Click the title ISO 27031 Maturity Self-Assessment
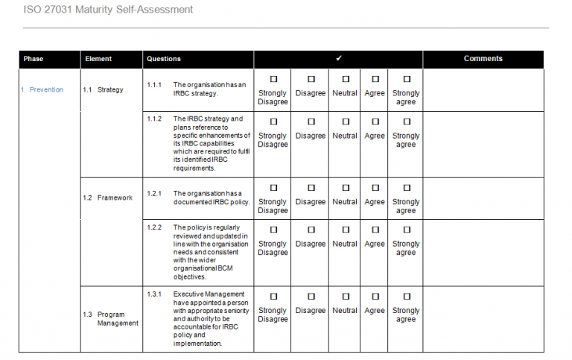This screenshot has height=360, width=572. click(x=109, y=10)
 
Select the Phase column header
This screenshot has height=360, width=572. click(x=34, y=59)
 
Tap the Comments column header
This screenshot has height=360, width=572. click(x=483, y=59)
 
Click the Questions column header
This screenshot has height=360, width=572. click(x=164, y=59)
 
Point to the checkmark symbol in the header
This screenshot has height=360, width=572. click(x=339, y=58)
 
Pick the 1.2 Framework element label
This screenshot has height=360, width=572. click(x=107, y=198)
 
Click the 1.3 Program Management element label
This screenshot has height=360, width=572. click(x=112, y=319)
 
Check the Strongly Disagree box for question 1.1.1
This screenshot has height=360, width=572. click(x=273, y=79)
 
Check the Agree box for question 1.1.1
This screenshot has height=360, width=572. click(x=375, y=79)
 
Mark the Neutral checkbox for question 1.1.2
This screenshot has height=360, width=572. click(x=346, y=121)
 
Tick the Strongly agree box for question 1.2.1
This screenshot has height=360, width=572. click(x=406, y=188)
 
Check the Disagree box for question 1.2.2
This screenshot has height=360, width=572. click(x=311, y=230)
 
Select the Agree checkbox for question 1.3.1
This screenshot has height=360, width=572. click(x=375, y=297)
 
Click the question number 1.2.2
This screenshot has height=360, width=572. click(x=154, y=227)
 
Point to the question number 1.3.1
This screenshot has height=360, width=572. click(x=154, y=294)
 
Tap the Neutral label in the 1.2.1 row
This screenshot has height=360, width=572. click(x=345, y=202)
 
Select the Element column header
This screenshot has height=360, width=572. click(x=99, y=59)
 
